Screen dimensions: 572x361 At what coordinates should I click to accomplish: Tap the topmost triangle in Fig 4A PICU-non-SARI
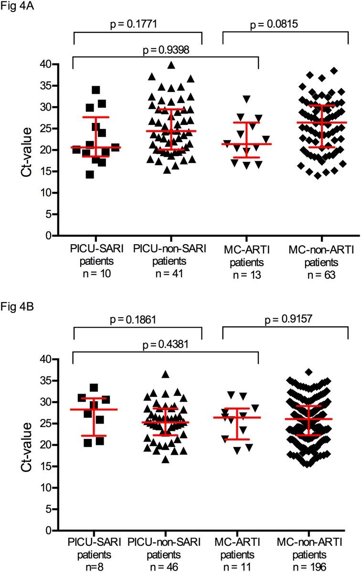pos(171,65)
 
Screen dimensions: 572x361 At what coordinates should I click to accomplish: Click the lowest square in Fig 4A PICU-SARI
pos(90,174)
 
